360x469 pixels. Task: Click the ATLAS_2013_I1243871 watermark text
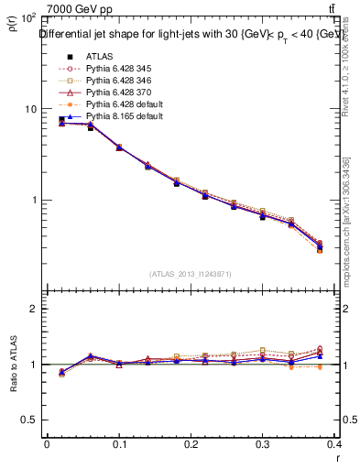[x=191, y=274]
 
